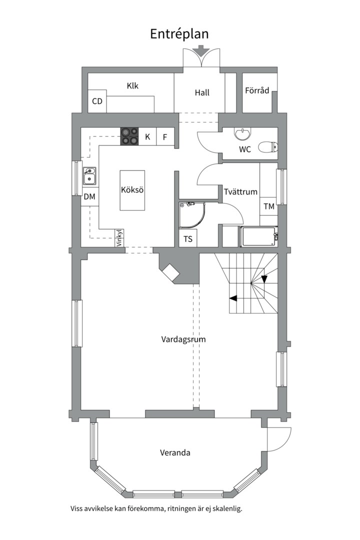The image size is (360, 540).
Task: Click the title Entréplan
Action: (179, 33)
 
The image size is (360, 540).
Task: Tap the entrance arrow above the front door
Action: (201, 50)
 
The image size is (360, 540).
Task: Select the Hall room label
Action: (202, 92)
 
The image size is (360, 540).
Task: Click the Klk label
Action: (132, 86)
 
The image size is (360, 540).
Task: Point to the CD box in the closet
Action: (97, 101)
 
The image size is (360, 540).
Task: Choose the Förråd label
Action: (257, 90)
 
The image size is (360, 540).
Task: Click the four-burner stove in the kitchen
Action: (130, 136)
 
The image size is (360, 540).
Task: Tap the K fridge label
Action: (147, 136)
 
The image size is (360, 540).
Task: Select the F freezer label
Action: (164, 136)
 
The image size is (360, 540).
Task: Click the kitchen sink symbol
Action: (90, 175)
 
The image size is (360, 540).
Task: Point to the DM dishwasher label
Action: (89, 196)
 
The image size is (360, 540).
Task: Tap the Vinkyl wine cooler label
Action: (119, 238)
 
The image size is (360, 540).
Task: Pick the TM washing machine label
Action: (269, 206)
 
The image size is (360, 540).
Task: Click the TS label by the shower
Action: (188, 239)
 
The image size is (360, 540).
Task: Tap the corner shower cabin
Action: (191, 215)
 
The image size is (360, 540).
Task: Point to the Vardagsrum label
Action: (183, 339)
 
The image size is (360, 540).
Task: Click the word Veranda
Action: (175, 453)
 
